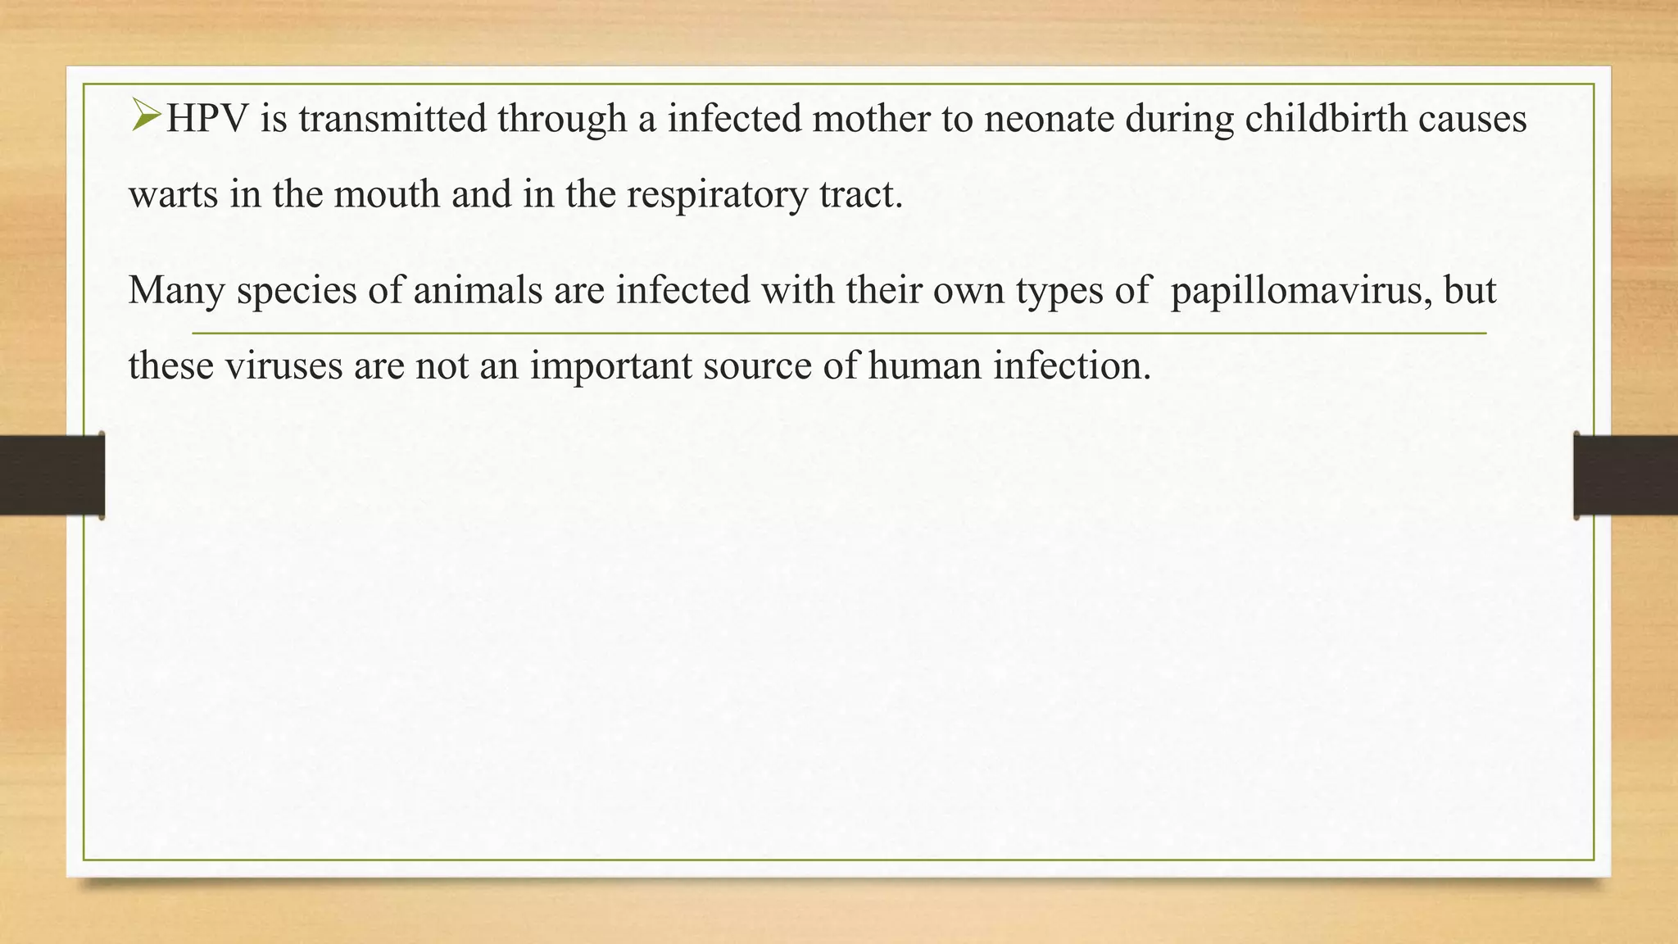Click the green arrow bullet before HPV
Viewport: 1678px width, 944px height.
[145, 116]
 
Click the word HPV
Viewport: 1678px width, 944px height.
[208, 119]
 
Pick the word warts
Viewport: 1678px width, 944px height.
[174, 195]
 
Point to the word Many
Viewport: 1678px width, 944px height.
[176, 290]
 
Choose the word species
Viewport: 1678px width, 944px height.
[297, 290]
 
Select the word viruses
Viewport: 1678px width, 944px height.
[283, 365]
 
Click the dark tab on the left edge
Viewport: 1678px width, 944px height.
[52, 475]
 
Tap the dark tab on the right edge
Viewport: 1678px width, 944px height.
[1626, 475]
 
